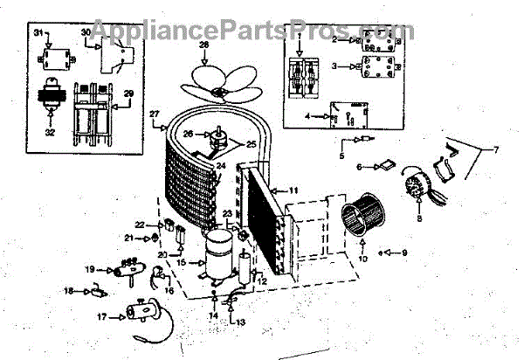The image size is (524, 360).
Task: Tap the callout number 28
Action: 203,45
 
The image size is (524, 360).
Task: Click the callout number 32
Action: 50,134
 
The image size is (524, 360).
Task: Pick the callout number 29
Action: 128,93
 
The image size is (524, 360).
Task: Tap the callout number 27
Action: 155,114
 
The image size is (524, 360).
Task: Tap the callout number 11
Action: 294,189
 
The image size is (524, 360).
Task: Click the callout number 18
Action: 69,291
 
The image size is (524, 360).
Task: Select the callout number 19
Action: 90,270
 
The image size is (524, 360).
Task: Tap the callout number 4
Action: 307,115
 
